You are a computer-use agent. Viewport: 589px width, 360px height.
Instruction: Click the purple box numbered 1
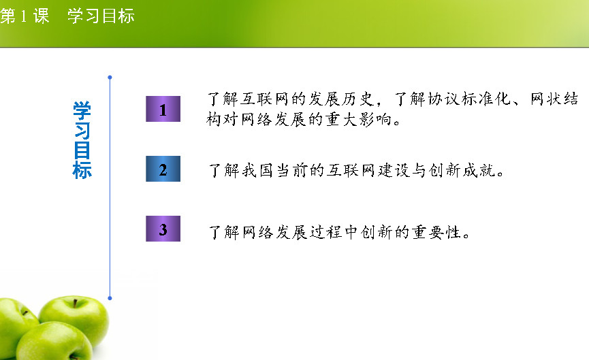(163, 109)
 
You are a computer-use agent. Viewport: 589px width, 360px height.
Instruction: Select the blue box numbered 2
(163, 169)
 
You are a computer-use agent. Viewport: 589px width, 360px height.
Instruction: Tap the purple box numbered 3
(163, 229)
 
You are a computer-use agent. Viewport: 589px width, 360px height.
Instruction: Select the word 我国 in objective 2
(257, 170)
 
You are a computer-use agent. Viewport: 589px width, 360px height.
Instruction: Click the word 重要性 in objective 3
(436, 232)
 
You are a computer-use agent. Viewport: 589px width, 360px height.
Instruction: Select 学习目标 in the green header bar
(101, 16)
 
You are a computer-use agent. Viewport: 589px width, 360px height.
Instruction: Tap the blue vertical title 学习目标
(82, 140)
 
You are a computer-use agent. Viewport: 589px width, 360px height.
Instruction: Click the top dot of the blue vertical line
(110, 78)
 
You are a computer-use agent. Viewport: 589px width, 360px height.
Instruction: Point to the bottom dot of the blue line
(110, 298)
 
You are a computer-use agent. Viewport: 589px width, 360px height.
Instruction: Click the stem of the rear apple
(75, 303)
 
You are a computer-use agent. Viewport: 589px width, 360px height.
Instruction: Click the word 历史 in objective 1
(359, 99)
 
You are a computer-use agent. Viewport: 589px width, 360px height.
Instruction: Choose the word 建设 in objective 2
(394, 170)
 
